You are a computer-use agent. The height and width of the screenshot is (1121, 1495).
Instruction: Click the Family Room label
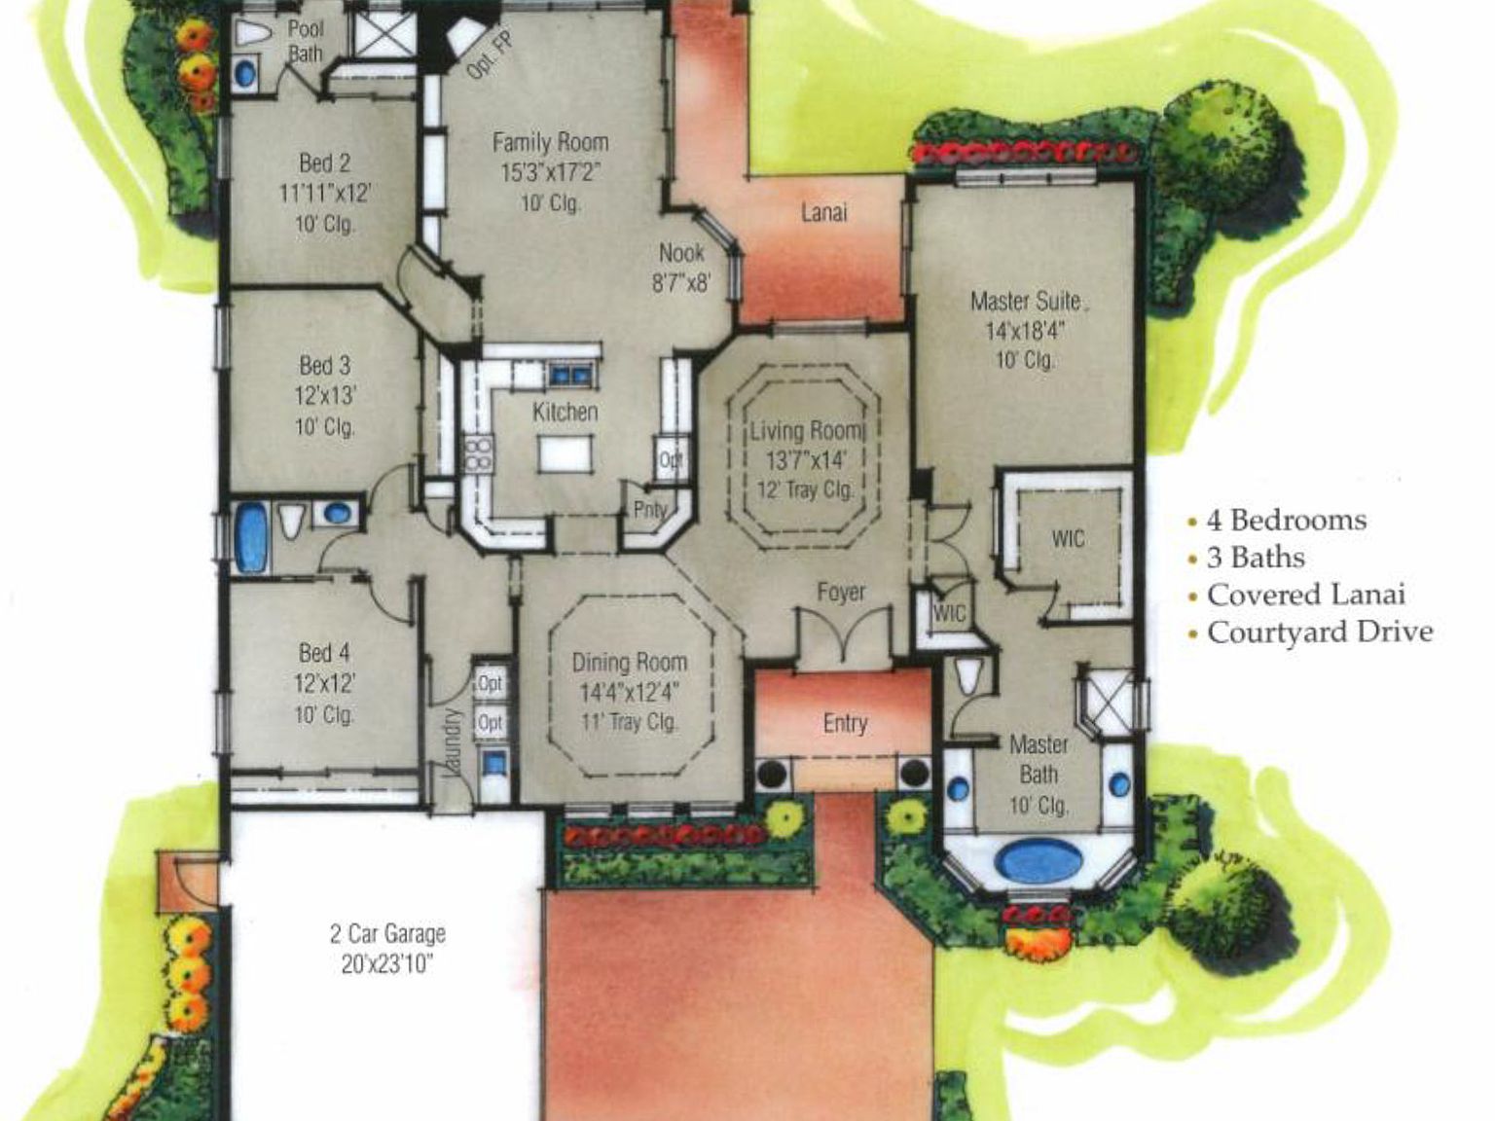tap(550, 143)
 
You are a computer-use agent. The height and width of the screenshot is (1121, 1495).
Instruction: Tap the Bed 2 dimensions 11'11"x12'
tap(324, 193)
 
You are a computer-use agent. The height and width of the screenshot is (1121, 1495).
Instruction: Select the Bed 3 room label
tap(324, 366)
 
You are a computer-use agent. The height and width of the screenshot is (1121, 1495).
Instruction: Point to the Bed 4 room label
tap(324, 652)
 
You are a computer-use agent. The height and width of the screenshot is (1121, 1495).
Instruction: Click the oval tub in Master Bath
tap(1038, 861)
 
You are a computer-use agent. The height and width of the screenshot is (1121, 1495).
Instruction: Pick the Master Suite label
tap(1025, 301)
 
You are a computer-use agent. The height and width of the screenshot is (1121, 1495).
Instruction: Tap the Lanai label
tap(823, 212)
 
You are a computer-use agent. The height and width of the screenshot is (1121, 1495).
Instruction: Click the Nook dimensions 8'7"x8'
tap(680, 283)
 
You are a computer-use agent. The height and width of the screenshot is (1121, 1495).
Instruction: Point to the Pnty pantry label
tap(649, 508)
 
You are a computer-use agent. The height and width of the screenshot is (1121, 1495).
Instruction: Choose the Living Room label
tap(805, 431)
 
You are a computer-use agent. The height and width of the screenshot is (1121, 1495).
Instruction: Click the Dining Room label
tap(629, 663)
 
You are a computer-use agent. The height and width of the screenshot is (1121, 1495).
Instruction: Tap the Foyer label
tap(840, 592)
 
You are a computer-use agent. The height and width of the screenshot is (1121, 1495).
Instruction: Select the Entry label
tap(844, 723)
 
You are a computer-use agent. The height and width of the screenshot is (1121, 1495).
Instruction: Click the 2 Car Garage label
tap(387, 934)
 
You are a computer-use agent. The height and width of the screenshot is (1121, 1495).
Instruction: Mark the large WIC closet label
tap(1067, 538)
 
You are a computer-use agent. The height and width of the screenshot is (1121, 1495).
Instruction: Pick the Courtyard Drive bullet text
tap(1320, 633)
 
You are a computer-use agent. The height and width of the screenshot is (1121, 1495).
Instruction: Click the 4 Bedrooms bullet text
tap(1286, 521)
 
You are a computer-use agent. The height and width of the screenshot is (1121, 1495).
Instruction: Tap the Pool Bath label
tap(306, 41)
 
